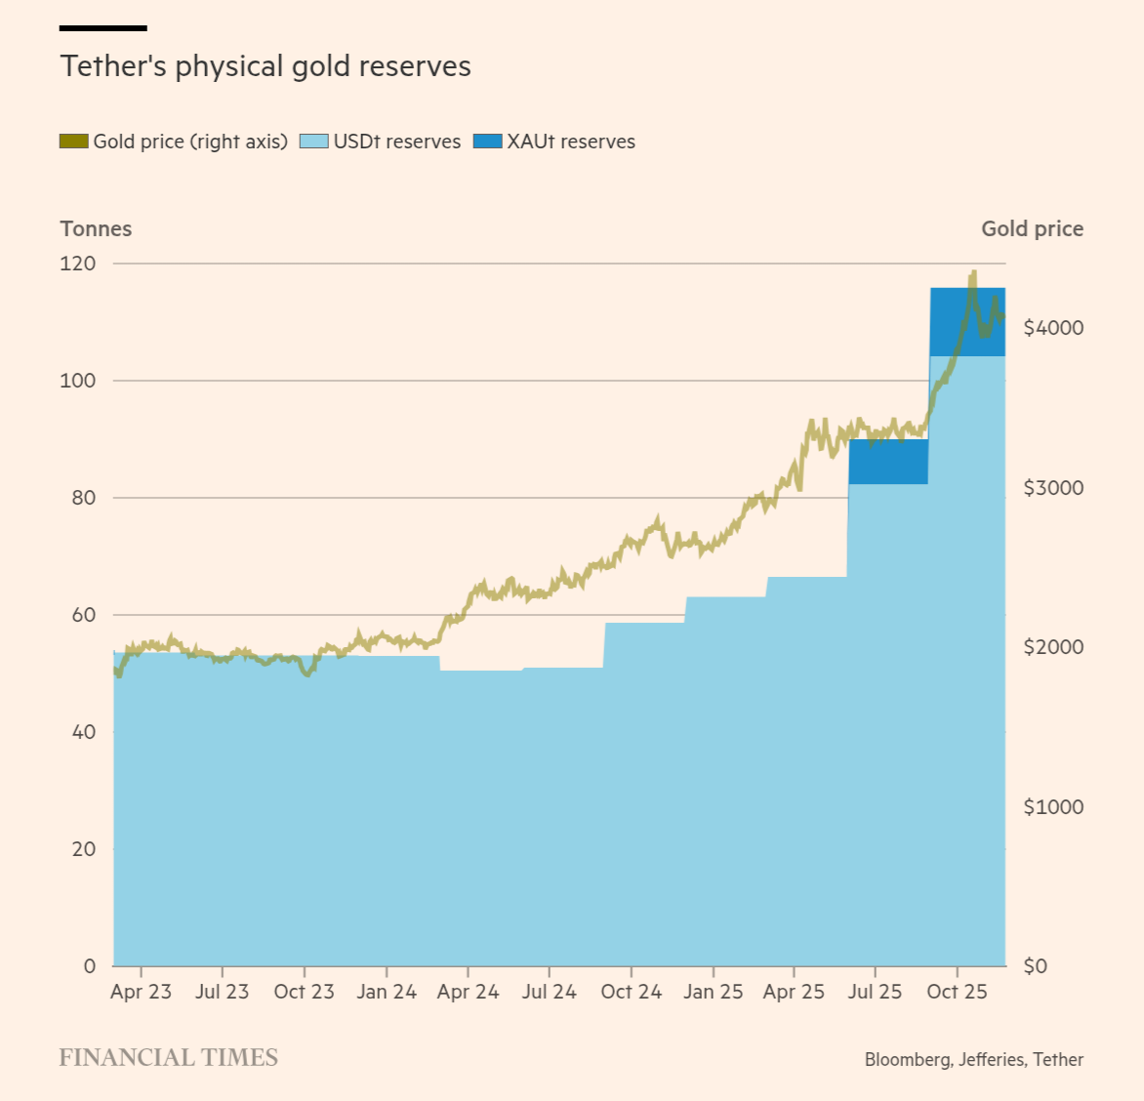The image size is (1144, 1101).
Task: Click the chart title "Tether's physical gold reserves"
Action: (x=266, y=66)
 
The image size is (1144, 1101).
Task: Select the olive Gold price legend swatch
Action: (x=74, y=142)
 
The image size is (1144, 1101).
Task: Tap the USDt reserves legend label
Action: (x=396, y=142)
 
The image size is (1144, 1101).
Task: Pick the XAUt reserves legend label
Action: (x=571, y=142)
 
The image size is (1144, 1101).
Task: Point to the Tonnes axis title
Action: (x=96, y=228)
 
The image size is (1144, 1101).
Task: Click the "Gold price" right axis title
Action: (x=1032, y=228)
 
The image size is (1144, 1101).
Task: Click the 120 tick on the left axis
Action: (x=78, y=264)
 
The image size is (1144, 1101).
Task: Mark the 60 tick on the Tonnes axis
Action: (x=84, y=615)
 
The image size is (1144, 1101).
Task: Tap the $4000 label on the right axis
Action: (x=1053, y=328)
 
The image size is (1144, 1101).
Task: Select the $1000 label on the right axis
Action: (x=1053, y=807)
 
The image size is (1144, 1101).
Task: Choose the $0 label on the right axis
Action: (x=1037, y=966)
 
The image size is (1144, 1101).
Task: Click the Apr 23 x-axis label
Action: (x=141, y=992)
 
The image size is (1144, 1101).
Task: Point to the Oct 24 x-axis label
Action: (x=631, y=992)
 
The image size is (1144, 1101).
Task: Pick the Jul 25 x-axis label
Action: (x=875, y=992)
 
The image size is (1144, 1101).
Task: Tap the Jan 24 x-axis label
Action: (x=387, y=992)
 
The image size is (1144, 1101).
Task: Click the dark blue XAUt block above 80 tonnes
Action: (x=888, y=462)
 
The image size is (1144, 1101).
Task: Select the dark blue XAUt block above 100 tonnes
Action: (x=966, y=322)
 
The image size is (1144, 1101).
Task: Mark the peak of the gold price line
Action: (x=972, y=273)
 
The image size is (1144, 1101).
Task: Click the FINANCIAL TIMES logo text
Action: (x=169, y=1058)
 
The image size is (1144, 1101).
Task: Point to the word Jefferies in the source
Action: (x=991, y=1059)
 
